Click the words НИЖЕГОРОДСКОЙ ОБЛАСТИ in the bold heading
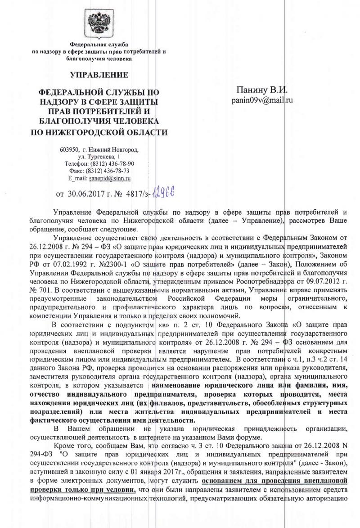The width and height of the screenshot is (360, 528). click(97, 132)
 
